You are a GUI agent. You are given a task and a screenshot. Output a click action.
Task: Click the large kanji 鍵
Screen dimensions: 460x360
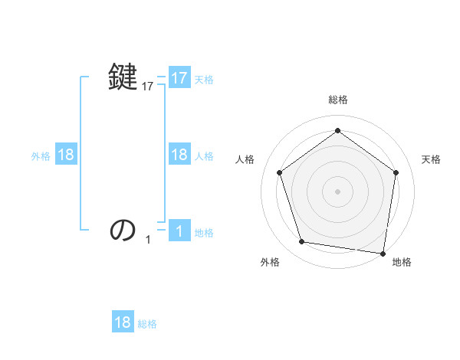(123, 77)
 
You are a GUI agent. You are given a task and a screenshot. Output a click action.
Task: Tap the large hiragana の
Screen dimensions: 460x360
(123, 229)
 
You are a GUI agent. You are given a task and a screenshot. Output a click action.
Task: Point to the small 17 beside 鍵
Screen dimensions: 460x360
(148, 87)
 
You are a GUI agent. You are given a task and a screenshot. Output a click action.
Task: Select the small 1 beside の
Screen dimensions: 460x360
(148, 240)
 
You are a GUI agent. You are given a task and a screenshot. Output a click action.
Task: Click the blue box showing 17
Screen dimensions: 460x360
(179, 78)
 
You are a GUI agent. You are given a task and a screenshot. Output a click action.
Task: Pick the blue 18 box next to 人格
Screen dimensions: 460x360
(179, 155)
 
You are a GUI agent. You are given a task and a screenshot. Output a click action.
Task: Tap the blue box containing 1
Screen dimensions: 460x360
(179, 231)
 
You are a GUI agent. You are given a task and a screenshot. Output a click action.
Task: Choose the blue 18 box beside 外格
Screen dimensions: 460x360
(66, 155)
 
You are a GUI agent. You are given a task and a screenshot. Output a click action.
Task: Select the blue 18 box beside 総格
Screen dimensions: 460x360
(123, 322)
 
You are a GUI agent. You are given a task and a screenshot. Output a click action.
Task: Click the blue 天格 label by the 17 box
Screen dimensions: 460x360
(204, 79)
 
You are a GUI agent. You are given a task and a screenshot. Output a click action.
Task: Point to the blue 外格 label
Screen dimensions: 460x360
(41, 155)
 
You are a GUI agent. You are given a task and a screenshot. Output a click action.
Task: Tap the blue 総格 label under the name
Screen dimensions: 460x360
(147, 323)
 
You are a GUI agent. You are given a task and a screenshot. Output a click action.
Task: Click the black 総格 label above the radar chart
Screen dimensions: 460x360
(337, 100)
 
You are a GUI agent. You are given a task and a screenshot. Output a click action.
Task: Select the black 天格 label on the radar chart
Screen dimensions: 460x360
(432, 159)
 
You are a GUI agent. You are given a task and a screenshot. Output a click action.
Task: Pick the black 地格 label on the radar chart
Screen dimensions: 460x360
(402, 262)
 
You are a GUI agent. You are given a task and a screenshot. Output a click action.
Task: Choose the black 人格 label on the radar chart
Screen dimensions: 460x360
(245, 159)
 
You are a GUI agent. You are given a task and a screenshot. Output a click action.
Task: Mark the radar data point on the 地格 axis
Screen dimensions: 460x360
(383, 253)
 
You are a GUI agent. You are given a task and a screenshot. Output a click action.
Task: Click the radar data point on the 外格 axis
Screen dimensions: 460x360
(302, 242)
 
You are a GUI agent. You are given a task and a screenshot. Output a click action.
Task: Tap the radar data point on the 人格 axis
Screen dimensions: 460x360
(279, 172)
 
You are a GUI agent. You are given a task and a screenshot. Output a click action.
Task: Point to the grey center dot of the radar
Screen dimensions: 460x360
(337, 191)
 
